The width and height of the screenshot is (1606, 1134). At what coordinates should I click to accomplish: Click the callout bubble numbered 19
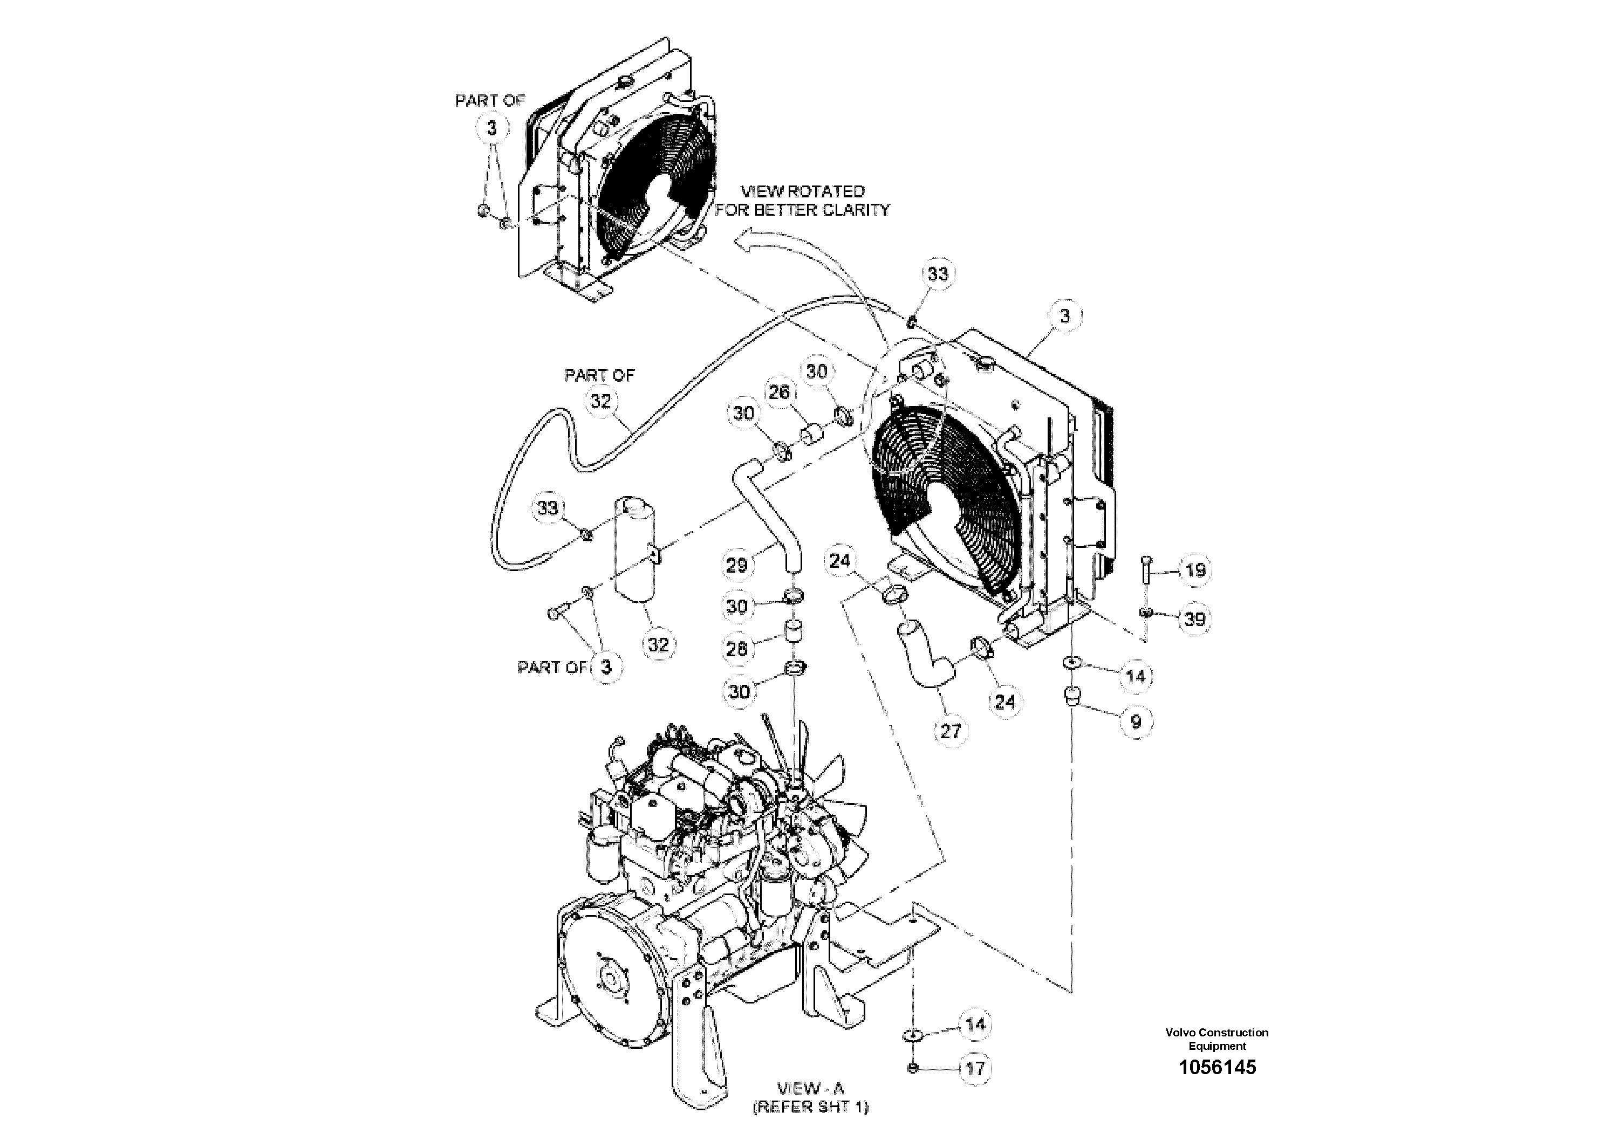tap(1195, 570)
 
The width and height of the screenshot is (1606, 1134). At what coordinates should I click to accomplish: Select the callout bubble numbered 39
tap(1195, 618)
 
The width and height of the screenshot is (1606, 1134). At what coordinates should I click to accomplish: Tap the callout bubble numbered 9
tap(1135, 721)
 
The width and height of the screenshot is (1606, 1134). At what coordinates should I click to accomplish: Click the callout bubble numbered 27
tap(950, 731)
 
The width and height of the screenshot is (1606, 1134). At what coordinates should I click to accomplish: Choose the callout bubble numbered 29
tap(736, 565)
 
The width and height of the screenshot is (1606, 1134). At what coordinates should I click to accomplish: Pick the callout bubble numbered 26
tap(778, 392)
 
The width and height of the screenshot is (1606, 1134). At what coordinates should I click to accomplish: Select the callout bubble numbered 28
tap(736, 649)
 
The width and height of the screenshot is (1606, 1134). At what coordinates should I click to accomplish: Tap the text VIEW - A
tap(811, 1088)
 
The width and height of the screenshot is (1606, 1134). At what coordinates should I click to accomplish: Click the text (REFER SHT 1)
tap(811, 1106)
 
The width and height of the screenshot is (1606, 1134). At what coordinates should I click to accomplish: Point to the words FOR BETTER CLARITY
tap(802, 210)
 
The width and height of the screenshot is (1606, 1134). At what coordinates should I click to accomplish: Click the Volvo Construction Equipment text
tap(1217, 1039)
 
